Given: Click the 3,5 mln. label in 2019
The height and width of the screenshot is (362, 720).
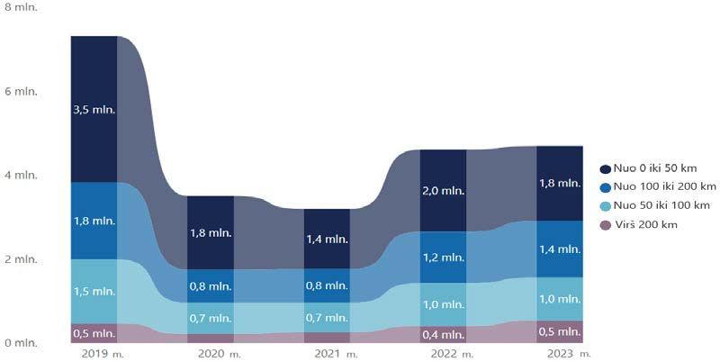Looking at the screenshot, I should [94, 110].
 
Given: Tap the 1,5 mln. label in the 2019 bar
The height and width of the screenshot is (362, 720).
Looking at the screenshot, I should [94, 293].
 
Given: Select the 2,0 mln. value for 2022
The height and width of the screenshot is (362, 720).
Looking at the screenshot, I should [444, 190].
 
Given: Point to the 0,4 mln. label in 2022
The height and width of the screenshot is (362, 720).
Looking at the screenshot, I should [444, 334].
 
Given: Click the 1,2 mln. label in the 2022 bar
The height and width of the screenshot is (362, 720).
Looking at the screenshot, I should [444, 257].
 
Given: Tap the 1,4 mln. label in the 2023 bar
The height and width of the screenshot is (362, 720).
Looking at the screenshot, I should [559, 248].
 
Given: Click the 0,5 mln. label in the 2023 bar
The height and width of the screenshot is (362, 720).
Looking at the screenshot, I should [559, 331].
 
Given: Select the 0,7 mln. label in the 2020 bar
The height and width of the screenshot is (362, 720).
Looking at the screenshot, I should [210, 318].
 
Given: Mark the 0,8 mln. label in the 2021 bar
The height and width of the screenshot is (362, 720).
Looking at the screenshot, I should [326, 285].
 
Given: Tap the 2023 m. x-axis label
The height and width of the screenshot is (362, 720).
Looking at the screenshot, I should [564, 352].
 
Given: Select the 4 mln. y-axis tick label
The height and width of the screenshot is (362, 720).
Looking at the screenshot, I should [20, 175].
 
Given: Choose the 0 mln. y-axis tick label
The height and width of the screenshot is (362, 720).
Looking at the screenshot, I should [20, 343].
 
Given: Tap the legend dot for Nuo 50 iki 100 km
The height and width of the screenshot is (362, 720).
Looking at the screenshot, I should [605, 205].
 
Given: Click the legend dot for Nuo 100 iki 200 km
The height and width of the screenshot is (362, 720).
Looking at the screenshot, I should [605, 186].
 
